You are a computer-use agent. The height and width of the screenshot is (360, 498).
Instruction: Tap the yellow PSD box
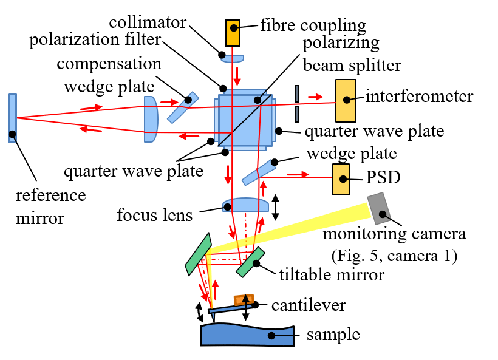click(342, 179)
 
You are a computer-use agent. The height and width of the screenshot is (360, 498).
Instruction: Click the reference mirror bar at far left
click(12, 118)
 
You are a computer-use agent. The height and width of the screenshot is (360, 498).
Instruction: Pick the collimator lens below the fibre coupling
click(233, 59)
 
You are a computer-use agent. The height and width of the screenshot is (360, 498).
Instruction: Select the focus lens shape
click(245, 205)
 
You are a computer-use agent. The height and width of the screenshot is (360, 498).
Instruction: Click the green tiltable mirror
click(250, 262)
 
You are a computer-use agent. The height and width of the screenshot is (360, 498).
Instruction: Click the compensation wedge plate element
click(184, 107)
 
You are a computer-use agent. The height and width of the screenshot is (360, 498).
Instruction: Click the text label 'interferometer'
click(419, 97)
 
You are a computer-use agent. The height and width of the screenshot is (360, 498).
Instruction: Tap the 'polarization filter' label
click(95, 41)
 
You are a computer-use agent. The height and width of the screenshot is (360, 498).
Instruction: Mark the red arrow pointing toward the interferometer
click(315, 96)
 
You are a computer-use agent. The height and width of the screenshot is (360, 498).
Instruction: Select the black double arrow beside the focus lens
click(276, 207)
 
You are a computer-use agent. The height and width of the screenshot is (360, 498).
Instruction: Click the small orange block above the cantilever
click(244, 300)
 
